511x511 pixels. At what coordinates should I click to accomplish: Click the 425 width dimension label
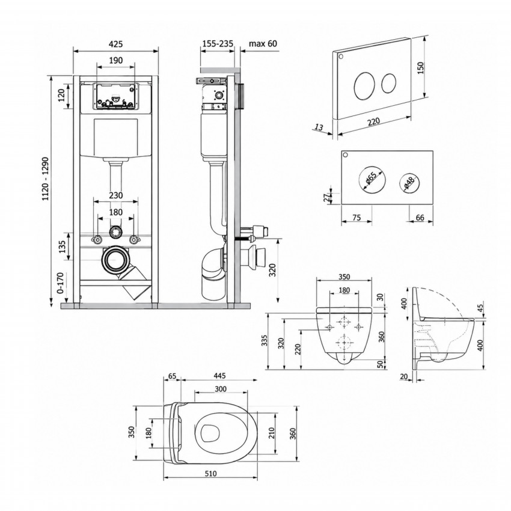click(115, 44)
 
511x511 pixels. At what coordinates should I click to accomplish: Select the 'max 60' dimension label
click(263, 43)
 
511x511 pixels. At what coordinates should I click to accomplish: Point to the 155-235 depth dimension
click(218, 43)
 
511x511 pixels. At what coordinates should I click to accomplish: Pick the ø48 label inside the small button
click(409, 183)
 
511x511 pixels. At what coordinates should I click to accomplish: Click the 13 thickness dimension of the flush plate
click(320, 126)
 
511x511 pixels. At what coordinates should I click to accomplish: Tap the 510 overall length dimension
click(211, 474)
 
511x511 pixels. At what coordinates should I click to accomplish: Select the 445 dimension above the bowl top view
click(219, 376)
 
